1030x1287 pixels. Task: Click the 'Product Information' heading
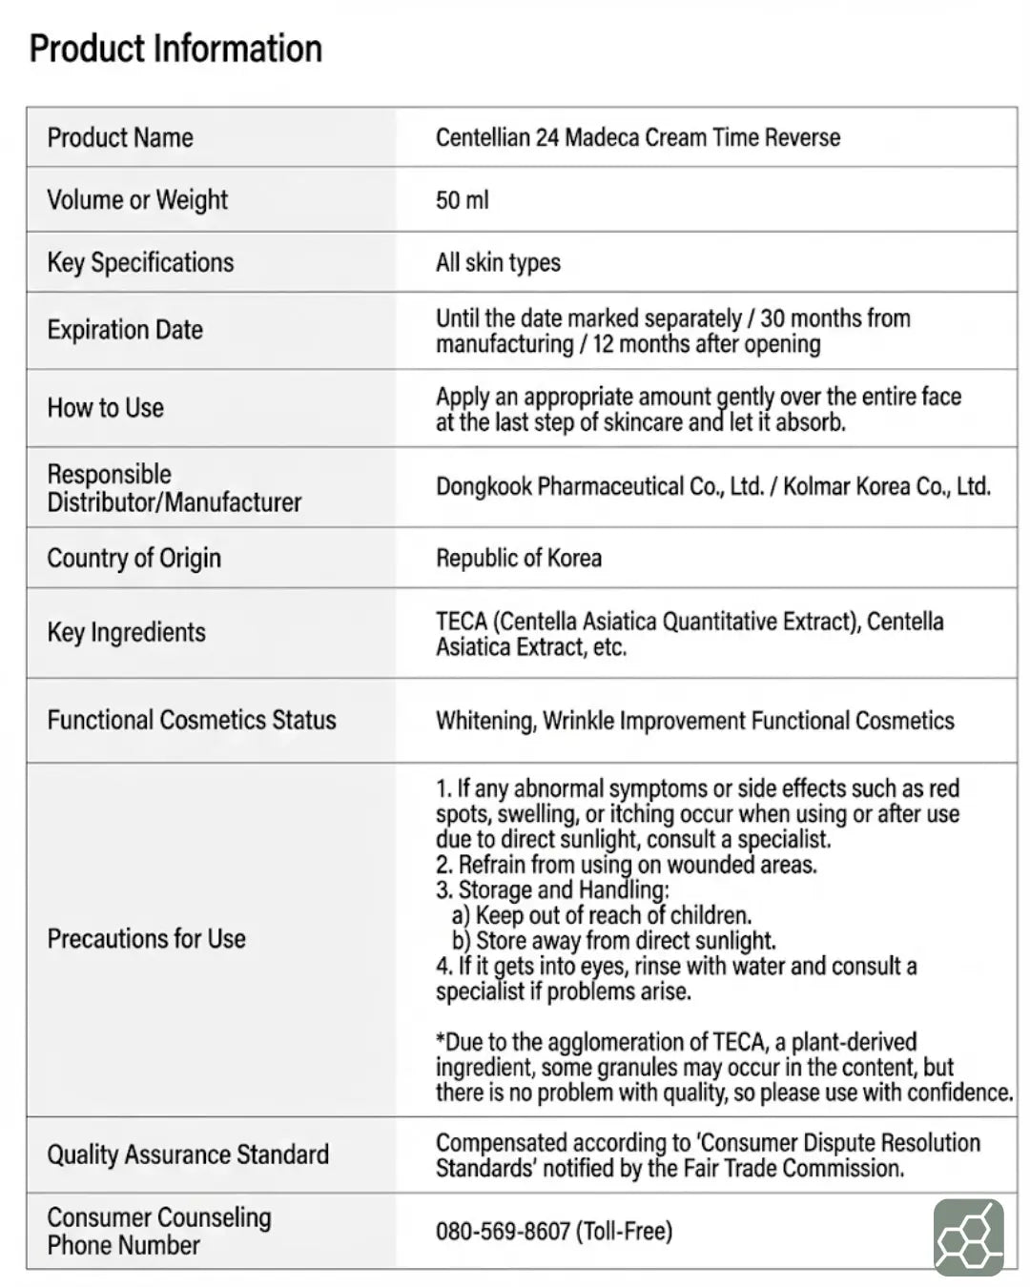tap(175, 49)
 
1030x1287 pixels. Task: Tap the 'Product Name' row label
tap(120, 137)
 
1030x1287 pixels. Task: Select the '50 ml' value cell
tap(463, 200)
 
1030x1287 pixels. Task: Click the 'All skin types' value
tap(498, 263)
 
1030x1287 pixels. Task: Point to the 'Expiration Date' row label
tap(125, 330)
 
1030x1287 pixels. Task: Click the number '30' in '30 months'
tap(773, 318)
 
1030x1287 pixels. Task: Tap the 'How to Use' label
tap(106, 408)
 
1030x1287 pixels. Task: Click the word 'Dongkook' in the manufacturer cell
tap(484, 486)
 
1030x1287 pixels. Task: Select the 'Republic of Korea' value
tap(519, 558)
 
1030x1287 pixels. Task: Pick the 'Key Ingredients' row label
tap(126, 632)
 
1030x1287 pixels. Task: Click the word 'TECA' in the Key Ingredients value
tap(462, 622)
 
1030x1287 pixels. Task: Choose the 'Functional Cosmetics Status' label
tap(192, 720)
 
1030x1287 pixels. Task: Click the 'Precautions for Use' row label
tap(147, 939)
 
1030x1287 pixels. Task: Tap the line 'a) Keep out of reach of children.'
tap(602, 915)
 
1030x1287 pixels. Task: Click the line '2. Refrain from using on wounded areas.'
tap(627, 865)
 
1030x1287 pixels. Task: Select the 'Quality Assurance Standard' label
tap(188, 1154)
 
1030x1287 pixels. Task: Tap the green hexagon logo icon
tap(968, 1237)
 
